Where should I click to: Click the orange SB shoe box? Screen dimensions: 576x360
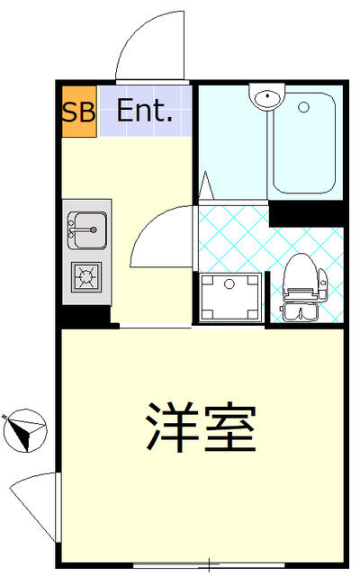pos(78,112)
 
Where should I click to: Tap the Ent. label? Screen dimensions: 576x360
pos(145,112)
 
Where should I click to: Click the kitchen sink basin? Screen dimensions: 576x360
pos(86,229)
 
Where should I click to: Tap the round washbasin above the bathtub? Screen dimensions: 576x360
pos(267,98)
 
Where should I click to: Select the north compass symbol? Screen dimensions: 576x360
pos(24,430)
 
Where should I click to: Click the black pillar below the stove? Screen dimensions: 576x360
pos(84,316)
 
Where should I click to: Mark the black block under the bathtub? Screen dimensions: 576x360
pos(306,214)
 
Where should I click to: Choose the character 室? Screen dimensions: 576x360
pos(230,428)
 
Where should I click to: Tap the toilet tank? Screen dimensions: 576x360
pos(301,312)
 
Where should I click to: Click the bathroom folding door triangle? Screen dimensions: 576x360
pos(206,187)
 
